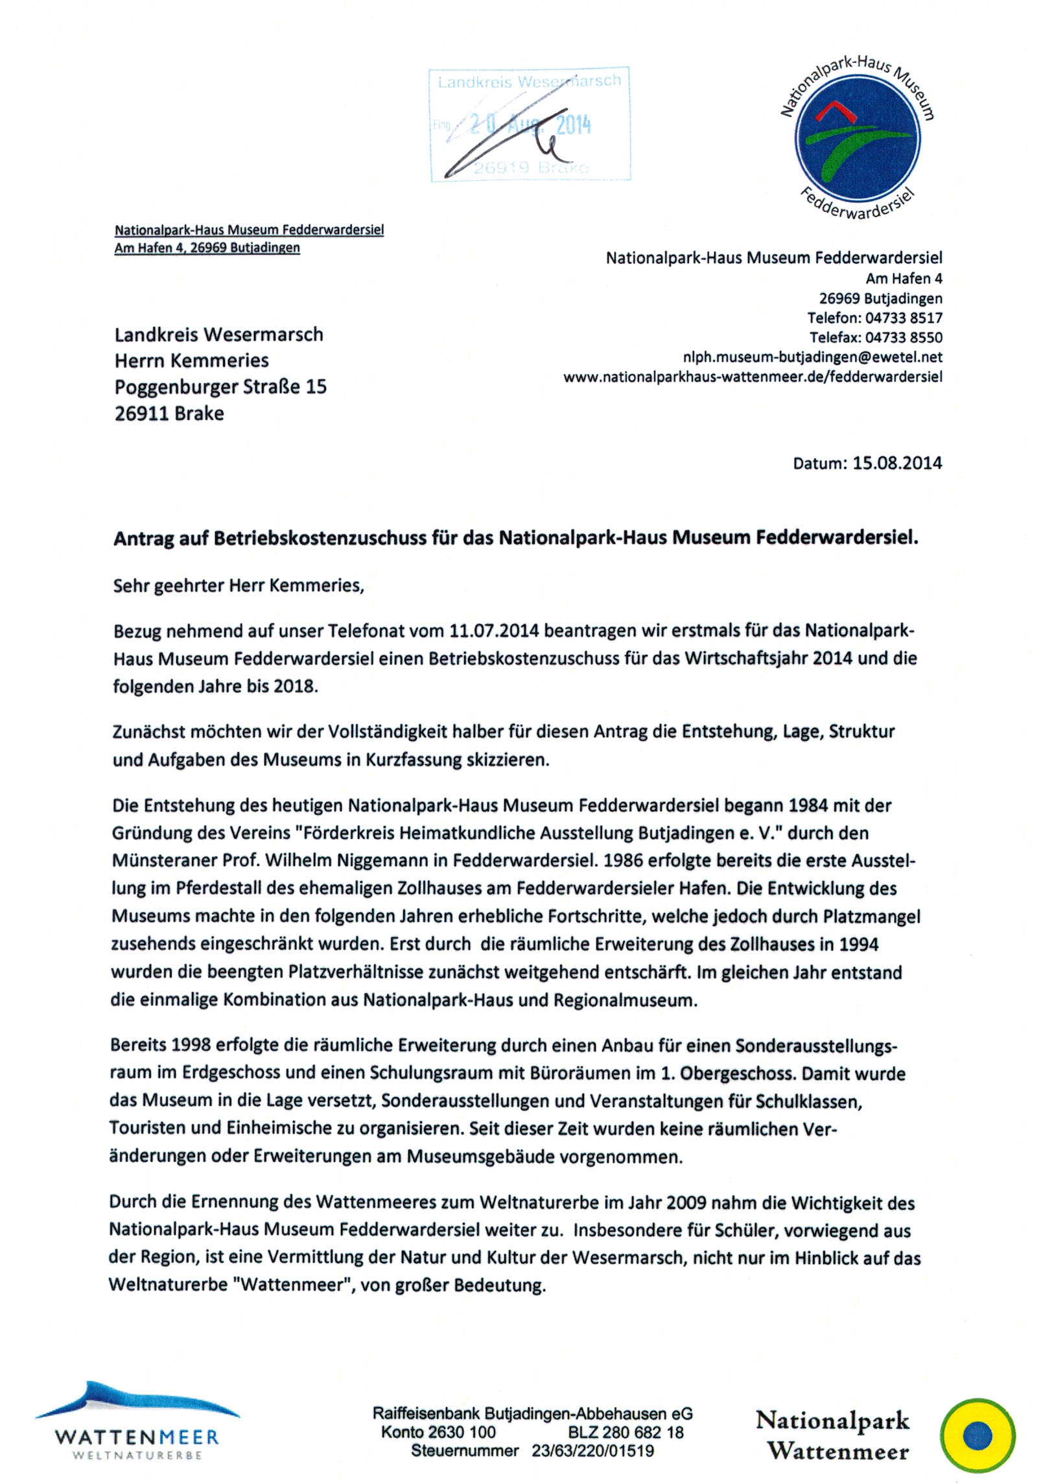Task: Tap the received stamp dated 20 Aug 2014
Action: [530, 124]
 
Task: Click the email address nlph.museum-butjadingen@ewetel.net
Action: [812, 357]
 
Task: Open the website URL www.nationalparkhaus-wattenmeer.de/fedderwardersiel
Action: [753, 377]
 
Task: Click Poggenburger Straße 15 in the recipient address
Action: [220, 387]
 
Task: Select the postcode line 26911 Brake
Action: [169, 414]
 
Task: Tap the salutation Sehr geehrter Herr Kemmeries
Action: [239, 585]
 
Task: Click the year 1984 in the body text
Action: [808, 805]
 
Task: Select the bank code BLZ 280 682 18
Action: [626, 1432]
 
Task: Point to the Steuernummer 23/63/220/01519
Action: [592, 1451]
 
